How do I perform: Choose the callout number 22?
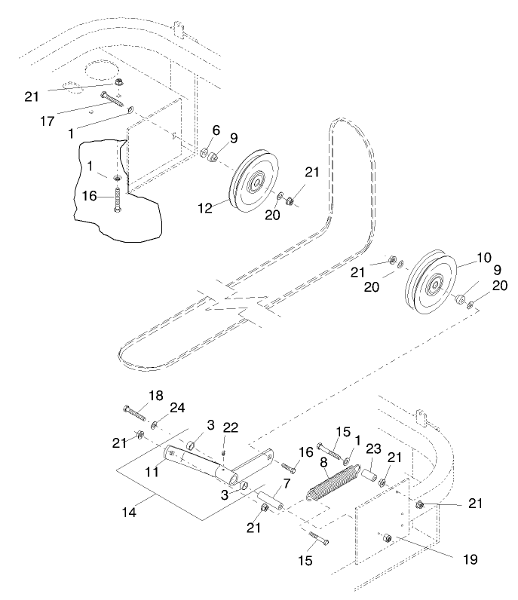(x=230, y=427)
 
